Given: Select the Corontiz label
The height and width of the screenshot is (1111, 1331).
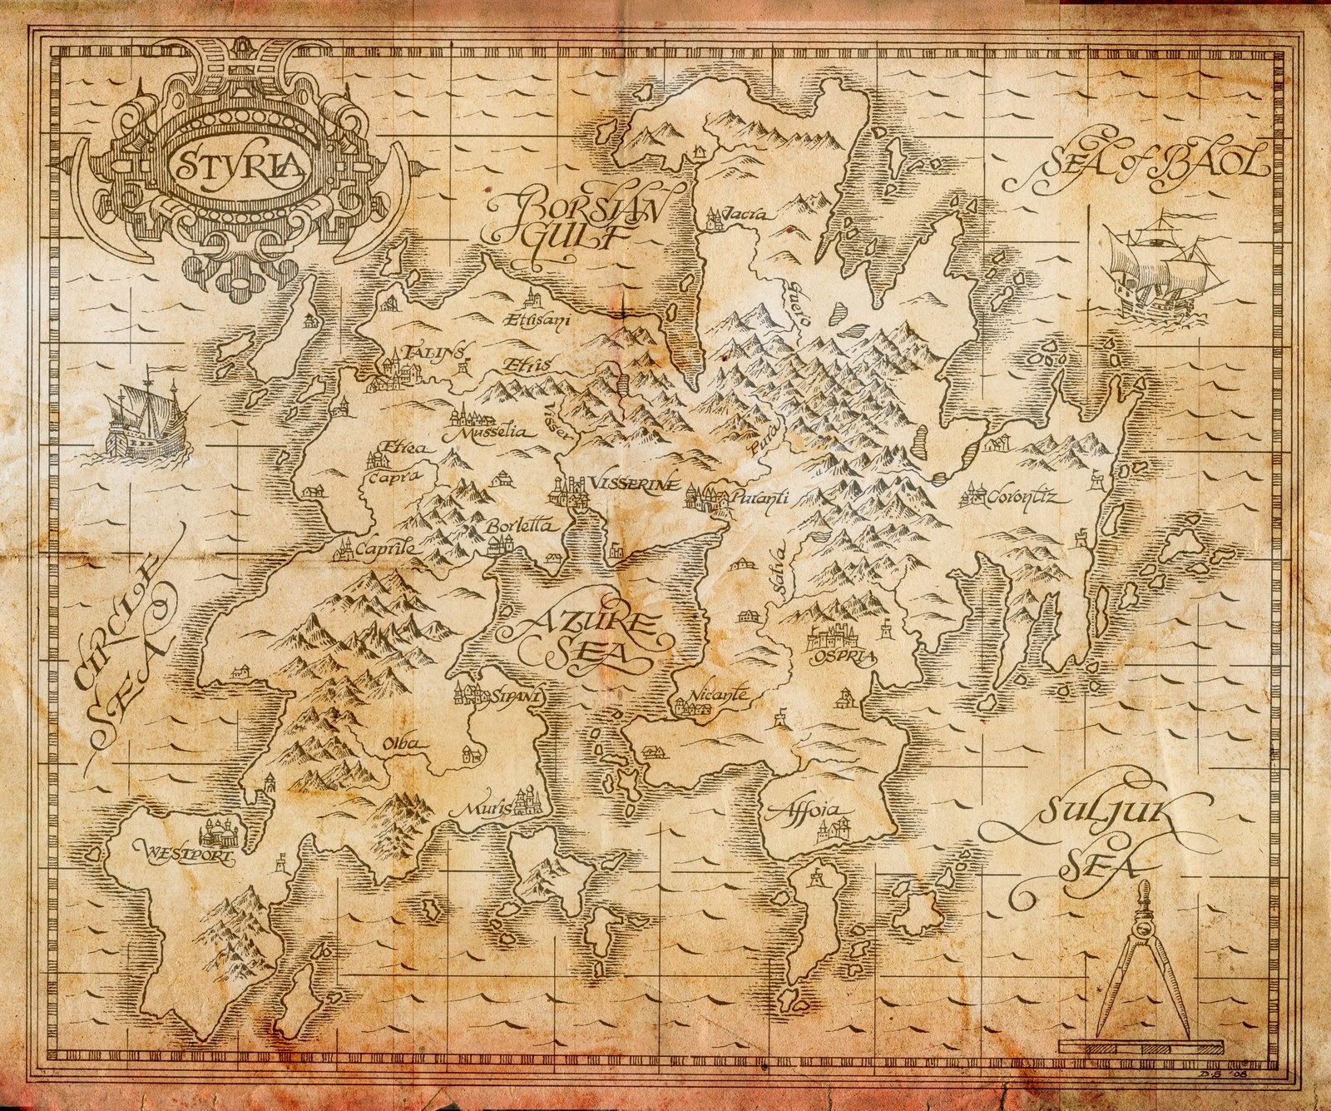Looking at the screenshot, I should [1022, 498].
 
